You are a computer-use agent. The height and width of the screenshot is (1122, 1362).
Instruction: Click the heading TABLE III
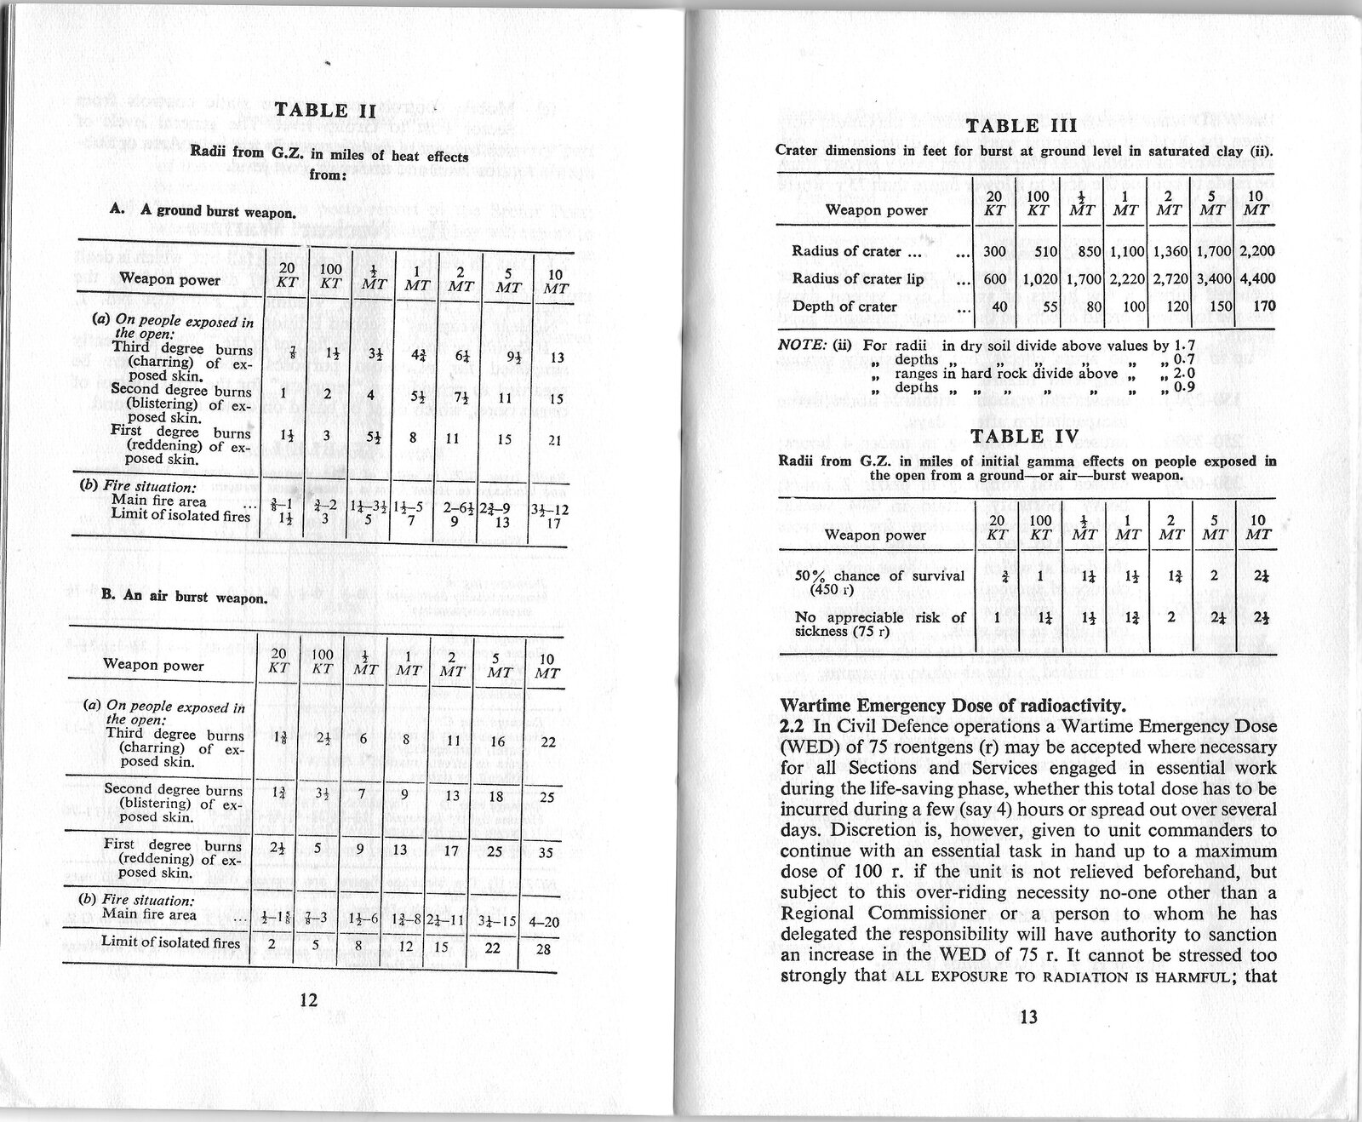[1022, 127]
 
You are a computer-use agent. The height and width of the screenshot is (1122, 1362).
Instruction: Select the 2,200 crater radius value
[1257, 251]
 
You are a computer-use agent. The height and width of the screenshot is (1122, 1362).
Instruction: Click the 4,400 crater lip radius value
[1257, 278]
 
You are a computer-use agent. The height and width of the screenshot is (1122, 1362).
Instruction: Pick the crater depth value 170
[1264, 306]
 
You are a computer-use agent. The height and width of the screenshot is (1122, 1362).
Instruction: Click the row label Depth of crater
[844, 306]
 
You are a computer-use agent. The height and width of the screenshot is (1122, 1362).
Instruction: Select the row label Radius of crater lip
[857, 278]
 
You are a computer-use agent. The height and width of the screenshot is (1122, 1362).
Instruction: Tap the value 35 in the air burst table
[547, 852]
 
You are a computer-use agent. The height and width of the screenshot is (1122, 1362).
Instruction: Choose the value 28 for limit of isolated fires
[544, 947]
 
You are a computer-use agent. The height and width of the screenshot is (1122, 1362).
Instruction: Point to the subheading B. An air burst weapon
[185, 597]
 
